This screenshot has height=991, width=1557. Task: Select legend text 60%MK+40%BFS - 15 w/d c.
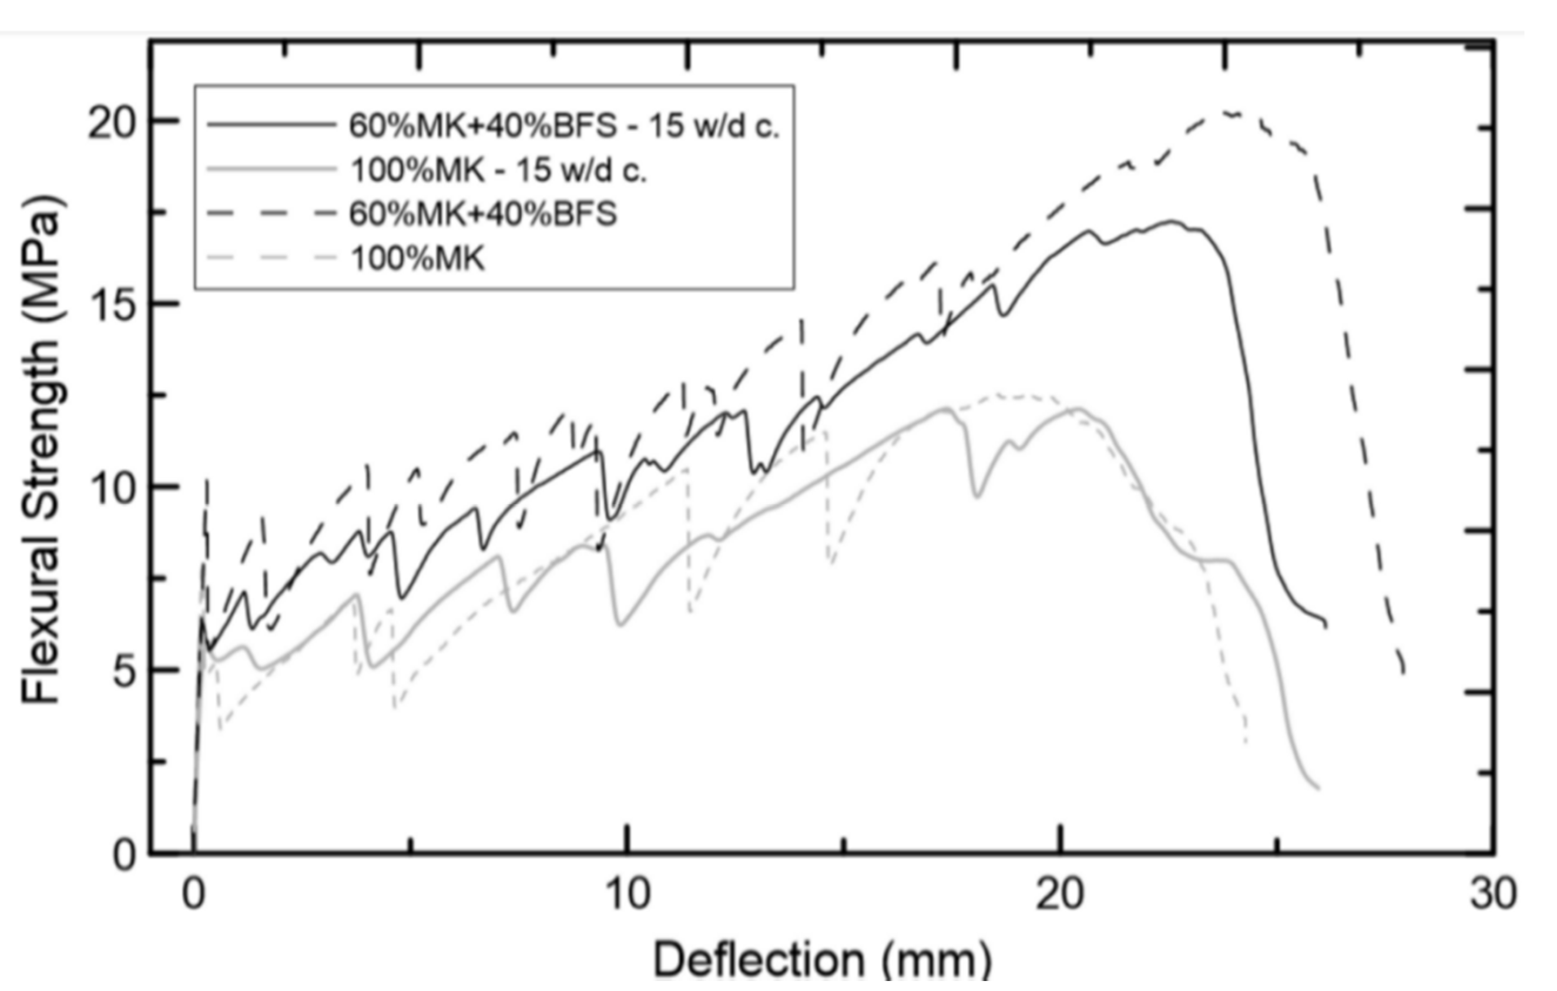(564, 126)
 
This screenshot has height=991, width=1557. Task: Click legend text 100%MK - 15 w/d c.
(498, 171)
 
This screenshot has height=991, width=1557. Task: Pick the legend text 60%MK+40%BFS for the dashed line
(483, 214)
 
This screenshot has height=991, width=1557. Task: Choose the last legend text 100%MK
(417, 258)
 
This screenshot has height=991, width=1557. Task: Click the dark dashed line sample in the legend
(271, 214)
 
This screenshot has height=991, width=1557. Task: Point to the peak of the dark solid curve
(1172, 221)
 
